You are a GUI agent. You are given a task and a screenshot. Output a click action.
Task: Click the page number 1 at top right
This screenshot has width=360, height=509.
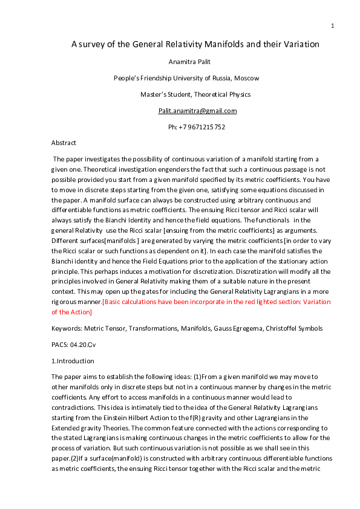(333, 25)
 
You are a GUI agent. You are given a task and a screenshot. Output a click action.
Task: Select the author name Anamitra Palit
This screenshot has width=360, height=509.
(191, 62)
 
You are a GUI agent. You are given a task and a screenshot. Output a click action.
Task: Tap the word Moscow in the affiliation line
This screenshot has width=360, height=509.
(247, 78)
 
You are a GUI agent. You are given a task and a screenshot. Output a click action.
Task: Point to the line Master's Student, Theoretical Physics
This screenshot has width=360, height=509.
(195, 94)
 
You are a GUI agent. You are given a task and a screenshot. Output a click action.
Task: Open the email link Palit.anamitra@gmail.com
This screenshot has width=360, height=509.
(197, 111)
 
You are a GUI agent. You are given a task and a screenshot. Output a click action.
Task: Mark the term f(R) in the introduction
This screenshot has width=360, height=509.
(230, 418)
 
